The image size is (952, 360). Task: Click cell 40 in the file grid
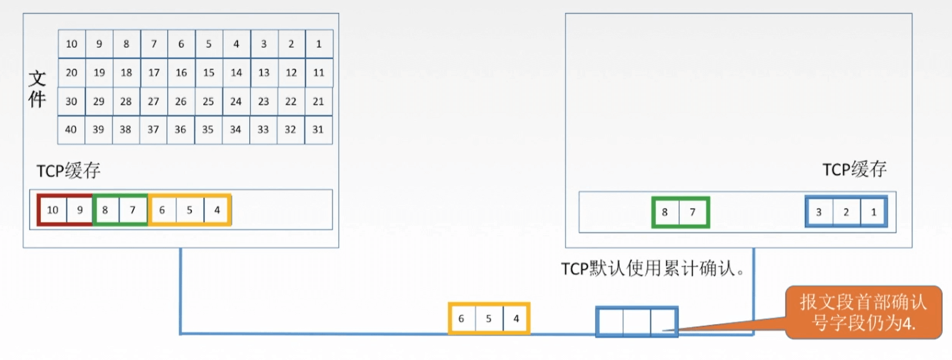coord(71,130)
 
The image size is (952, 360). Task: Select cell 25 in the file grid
coord(208,101)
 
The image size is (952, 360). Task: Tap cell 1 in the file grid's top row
coord(319,44)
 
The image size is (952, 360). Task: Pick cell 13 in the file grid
coord(263,72)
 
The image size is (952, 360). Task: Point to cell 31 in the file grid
coord(318,130)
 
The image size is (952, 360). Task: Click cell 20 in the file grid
coord(71,72)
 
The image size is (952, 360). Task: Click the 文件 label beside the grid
coord(37,89)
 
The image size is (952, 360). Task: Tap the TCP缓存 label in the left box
coord(68,171)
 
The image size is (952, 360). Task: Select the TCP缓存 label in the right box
coord(854,170)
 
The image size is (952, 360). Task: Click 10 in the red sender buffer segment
coord(52,210)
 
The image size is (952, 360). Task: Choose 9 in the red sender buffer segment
coord(80,210)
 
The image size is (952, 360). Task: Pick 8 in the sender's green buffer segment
coord(105,210)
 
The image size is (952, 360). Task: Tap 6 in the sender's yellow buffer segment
coord(162,210)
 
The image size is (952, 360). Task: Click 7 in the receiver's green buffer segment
coord(693,212)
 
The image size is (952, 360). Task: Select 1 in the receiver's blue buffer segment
coord(874,212)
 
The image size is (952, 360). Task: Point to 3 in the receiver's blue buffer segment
coord(818,212)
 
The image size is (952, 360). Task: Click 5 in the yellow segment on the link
coord(488,319)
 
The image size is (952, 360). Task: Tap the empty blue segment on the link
coord(636,322)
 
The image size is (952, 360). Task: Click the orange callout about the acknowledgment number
coord(863,312)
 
